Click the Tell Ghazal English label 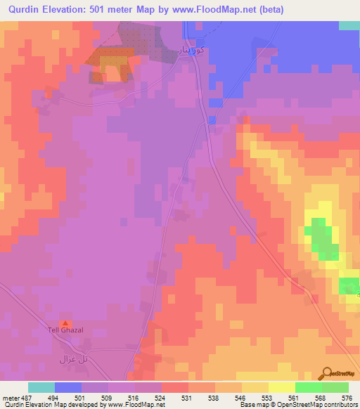pos(65,330)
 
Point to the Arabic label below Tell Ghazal pos(72,358)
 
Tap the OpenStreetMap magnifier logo pos(326,373)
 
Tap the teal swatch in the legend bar pos(41,387)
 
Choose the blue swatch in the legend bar pos(68,387)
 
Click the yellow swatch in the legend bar pos(282,387)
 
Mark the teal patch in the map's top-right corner pos(349,25)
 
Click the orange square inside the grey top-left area pos(111,66)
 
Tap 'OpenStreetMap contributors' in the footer pos(326,405)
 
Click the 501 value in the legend pos(82,398)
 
